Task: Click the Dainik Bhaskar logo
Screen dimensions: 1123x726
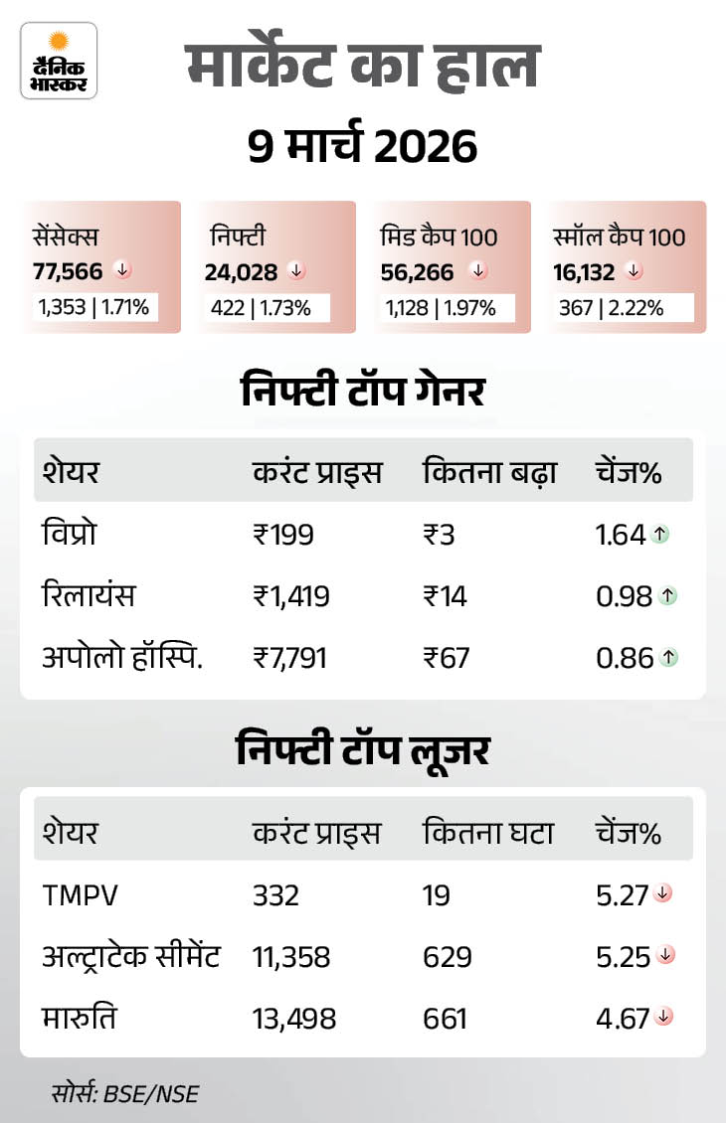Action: pos(59,61)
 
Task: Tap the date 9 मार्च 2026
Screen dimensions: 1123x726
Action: pos(362,146)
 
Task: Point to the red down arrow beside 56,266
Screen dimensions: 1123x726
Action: pos(478,270)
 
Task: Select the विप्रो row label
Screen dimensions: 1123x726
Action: pos(69,535)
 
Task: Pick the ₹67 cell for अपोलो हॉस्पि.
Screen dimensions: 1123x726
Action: pos(446,657)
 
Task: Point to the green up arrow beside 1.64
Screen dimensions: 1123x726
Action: pos(661,535)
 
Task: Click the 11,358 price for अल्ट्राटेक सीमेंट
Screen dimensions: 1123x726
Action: pos(291,957)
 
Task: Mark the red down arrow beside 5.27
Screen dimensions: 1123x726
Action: pos(663,894)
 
